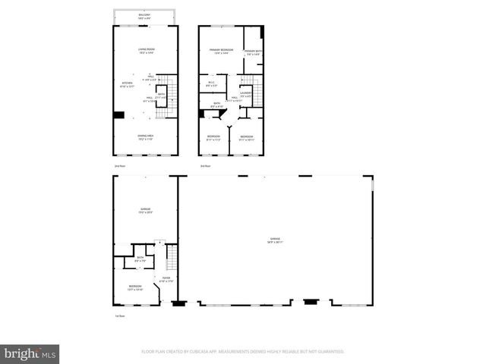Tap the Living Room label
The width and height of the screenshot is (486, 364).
tap(146, 51)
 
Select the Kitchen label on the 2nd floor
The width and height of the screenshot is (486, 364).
tap(127, 85)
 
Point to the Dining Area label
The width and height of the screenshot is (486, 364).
tap(146, 137)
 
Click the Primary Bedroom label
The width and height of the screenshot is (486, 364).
tap(221, 52)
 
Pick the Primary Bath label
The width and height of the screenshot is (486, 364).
tap(253, 53)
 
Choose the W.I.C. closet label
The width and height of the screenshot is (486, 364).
tap(212, 84)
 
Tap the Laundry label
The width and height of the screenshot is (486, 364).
tap(246, 93)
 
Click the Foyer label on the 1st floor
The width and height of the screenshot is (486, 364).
tap(166, 279)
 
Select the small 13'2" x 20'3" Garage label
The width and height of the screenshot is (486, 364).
tap(145, 211)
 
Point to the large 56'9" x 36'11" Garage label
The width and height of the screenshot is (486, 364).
tap(274, 240)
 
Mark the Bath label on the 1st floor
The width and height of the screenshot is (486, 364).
tap(140, 259)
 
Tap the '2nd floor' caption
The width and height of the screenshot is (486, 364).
tap(118, 165)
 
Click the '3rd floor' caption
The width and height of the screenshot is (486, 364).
tap(204, 165)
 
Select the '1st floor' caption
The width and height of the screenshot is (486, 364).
tap(118, 315)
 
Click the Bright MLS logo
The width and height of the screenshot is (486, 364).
tap(30, 353)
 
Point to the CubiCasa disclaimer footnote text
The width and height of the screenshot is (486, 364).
tap(243, 351)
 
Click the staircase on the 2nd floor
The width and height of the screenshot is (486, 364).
tap(171, 95)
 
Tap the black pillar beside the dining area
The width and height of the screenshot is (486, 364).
tap(119, 115)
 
